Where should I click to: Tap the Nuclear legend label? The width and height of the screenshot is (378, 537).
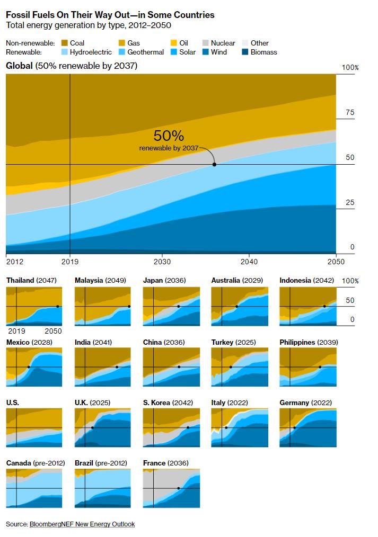point(223,43)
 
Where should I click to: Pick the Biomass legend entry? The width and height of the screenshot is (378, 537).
point(263,52)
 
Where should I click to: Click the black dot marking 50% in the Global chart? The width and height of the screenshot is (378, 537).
point(214,165)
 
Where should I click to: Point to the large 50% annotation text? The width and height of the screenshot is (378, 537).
point(169,136)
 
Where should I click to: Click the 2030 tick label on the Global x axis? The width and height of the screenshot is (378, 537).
point(162,262)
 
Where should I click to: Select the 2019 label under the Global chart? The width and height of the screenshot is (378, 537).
point(70,262)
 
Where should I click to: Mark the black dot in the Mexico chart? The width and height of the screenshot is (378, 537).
point(28,367)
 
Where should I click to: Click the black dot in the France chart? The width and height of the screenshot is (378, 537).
point(179,488)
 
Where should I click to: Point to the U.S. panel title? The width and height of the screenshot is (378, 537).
point(13,403)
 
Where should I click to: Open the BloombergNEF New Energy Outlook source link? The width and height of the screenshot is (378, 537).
point(82,524)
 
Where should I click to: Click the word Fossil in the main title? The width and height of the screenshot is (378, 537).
point(19,15)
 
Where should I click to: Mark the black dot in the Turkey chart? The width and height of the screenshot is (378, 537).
point(231,367)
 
